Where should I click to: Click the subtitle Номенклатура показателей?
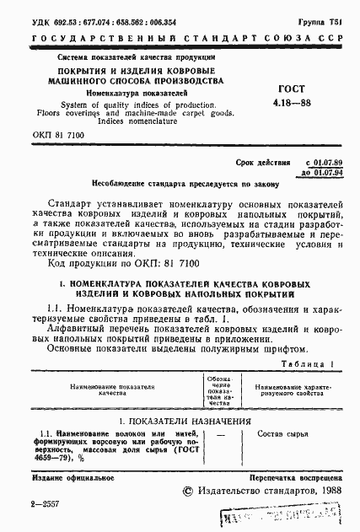[x=124, y=94]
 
